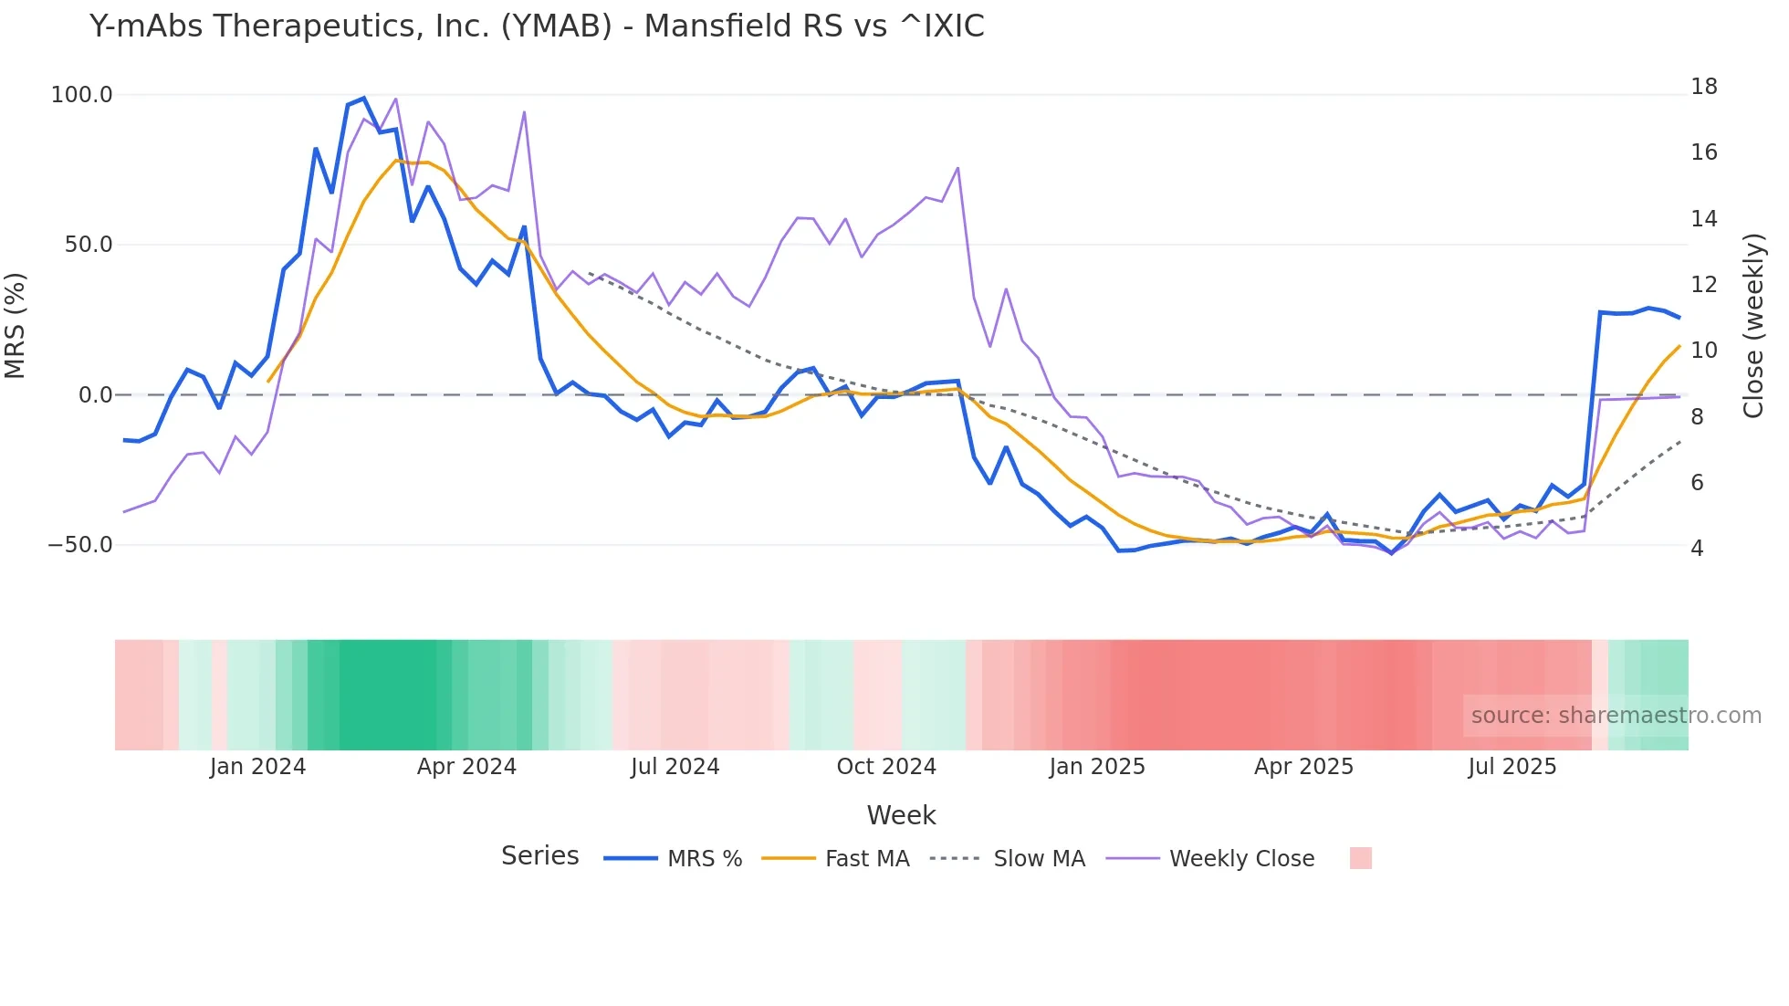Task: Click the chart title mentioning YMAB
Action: [537, 26]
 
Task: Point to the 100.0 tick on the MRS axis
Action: [82, 95]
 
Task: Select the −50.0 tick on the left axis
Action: [80, 545]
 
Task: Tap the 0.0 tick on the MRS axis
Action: [95, 395]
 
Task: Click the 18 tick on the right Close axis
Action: [1703, 87]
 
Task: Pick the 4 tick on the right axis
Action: [1697, 549]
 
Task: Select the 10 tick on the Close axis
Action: [1703, 351]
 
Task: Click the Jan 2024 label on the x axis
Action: [257, 767]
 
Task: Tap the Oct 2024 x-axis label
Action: [886, 767]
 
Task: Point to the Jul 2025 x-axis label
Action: [1512, 767]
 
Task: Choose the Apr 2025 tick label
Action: [1303, 767]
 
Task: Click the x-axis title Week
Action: [901, 815]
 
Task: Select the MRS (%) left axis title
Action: [16, 326]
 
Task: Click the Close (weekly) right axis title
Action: [1753, 326]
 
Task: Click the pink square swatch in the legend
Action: [1360, 858]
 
